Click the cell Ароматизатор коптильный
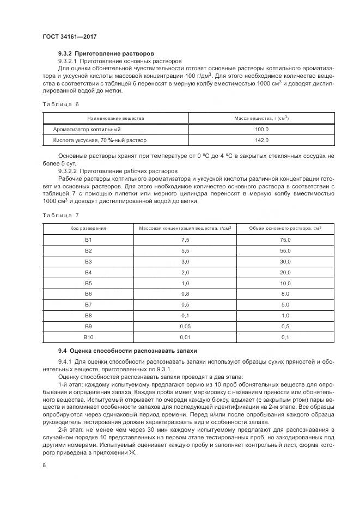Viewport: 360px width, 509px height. pos(87,130)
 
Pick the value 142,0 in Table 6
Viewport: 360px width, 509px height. pos(261,140)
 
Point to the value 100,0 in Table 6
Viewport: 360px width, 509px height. pos(261,130)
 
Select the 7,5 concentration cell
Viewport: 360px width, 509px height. pos(185,240)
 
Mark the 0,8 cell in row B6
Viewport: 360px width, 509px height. pos(185,295)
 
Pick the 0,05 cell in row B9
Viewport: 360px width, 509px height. pos(185,327)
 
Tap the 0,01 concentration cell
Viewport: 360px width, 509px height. pos(185,338)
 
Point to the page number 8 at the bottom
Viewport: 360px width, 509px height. pos(44,465)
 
